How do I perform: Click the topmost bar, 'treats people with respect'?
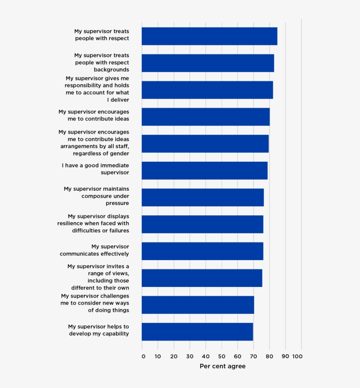pyautogui.click(x=209, y=36)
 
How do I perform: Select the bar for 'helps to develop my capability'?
pyautogui.click(x=197, y=332)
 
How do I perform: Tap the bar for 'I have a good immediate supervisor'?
pyautogui.click(x=205, y=170)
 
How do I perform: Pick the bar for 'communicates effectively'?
pyautogui.click(x=202, y=251)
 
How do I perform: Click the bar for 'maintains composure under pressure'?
pyautogui.click(x=202, y=197)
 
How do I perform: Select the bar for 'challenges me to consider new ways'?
pyautogui.click(x=198, y=305)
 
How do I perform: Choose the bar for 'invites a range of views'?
pyautogui.click(x=202, y=278)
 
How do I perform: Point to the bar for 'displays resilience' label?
pyautogui.click(x=202, y=224)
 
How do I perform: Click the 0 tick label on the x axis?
pyautogui.click(x=143, y=356)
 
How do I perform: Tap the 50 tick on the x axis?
pyautogui.click(x=222, y=356)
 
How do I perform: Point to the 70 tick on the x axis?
pyautogui.click(x=253, y=356)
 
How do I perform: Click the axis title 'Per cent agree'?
pyautogui.click(x=223, y=366)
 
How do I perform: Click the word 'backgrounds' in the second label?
pyautogui.click(x=111, y=69)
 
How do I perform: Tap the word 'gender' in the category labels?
pyautogui.click(x=119, y=153)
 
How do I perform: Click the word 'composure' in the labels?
pyautogui.click(x=97, y=196)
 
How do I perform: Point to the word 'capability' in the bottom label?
pyautogui.click(x=115, y=334)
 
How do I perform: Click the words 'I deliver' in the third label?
pyautogui.click(x=118, y=100)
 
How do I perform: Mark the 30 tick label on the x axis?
pyautogui.click(x=190, y=356)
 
